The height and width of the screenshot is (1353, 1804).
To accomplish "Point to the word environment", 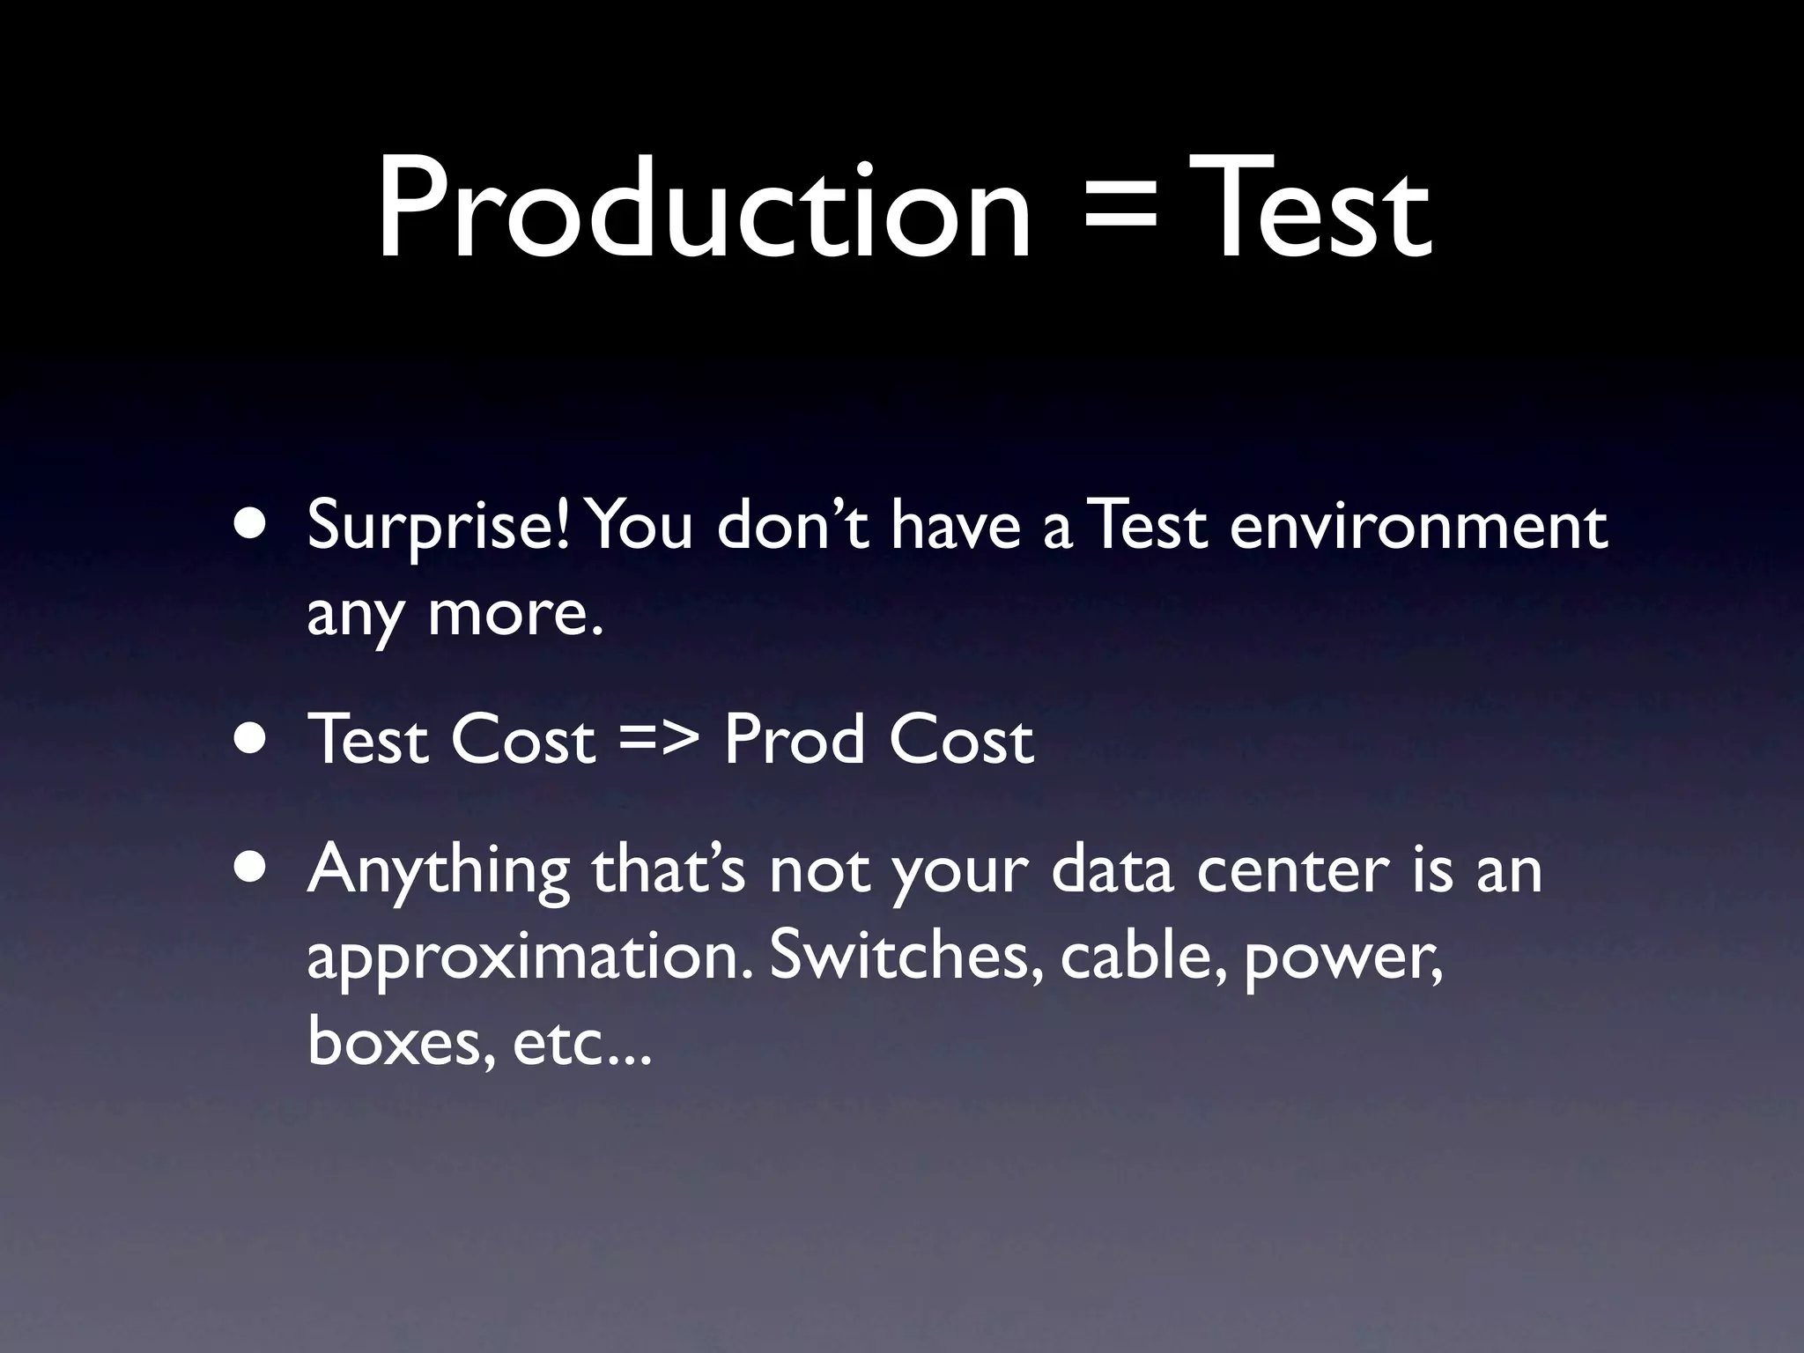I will click(1418, 526).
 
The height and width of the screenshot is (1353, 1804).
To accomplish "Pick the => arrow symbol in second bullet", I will click(660, 741).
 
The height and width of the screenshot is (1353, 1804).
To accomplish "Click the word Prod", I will click(794, 740).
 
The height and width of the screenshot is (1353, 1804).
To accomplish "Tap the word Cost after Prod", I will click(961, 740).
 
